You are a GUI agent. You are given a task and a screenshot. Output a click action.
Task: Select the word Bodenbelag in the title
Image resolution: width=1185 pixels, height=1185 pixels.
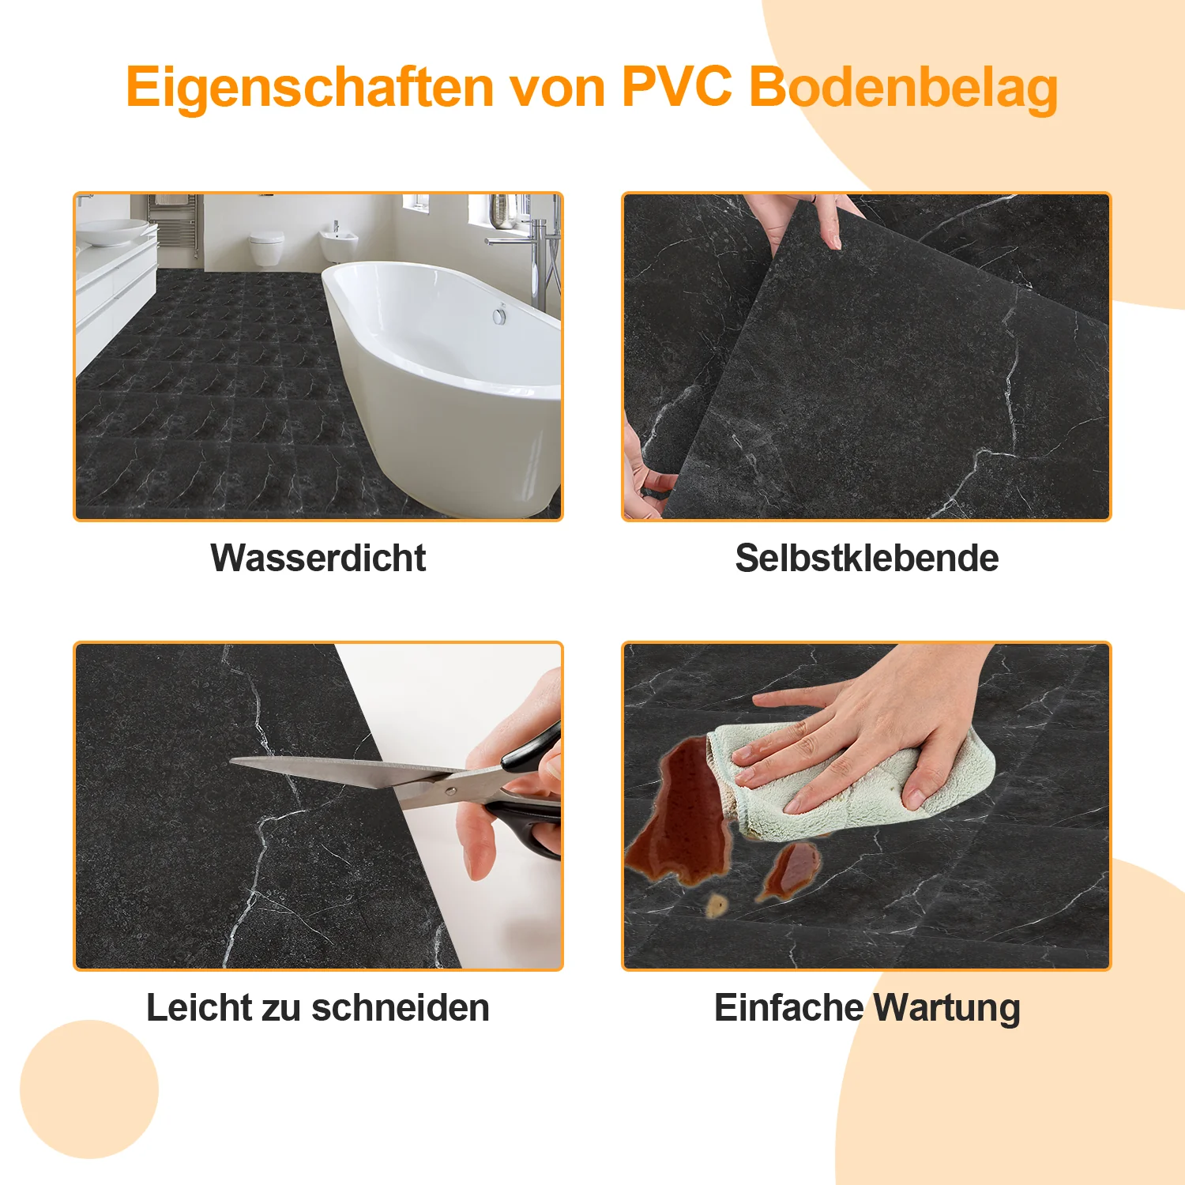click(903, 87)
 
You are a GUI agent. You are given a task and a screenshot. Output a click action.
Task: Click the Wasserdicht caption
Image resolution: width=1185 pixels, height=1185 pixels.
click(318, 558)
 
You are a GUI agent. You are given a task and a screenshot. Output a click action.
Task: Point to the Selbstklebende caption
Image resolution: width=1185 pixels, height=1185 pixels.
click(867, 558)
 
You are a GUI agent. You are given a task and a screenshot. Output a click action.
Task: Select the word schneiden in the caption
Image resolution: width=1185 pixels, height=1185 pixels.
click(401, 1007)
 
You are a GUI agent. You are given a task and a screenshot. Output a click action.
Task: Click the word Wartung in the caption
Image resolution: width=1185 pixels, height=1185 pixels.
click(947, 1007)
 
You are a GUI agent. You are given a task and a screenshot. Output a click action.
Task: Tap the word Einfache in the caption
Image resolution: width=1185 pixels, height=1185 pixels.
click(788, 1007)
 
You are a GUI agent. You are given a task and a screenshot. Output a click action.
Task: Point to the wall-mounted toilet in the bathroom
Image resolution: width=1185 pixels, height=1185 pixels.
click(266, 246)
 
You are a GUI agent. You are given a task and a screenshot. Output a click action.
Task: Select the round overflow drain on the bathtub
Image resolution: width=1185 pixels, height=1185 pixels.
click(499, 315)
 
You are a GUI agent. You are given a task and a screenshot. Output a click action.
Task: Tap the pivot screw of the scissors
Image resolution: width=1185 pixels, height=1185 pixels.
click(450, 788)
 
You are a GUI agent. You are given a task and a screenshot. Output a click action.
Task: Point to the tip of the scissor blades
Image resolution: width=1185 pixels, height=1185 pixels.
click(234, 762)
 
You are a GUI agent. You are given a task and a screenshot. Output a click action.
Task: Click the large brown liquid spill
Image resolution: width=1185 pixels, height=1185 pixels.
click(683, 822)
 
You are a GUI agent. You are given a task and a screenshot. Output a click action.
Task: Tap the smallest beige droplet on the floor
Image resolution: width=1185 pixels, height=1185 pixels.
click(717, 905)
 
